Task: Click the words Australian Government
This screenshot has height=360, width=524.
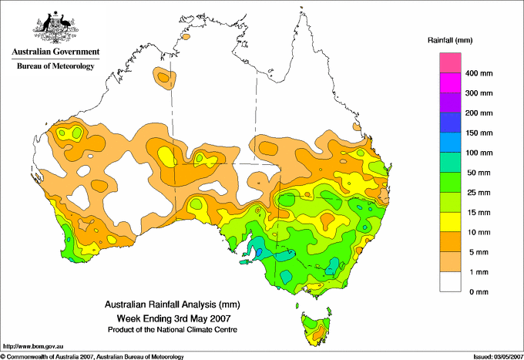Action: coord(55,52)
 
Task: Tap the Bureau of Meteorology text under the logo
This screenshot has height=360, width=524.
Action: coord(55,66)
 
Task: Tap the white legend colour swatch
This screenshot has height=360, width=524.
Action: coord(450,281)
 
